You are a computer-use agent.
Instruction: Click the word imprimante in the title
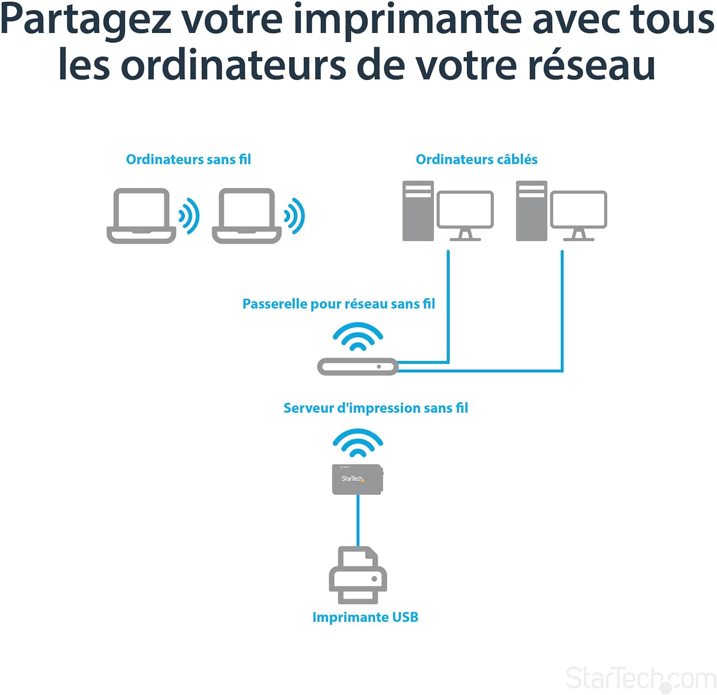pyautogui.click(x=407, y=20)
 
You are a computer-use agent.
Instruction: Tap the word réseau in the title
pyautogui.click(x=591, y=65)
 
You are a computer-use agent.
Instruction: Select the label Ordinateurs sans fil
pyautogui.click(x=188, y=159)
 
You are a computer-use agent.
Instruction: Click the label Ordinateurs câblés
pyautogui.click(x=477, y=159)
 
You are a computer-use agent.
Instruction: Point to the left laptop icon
pyautogui.click(x=141, y=216)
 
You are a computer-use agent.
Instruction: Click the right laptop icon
pyautogui.click(x=246, y=216)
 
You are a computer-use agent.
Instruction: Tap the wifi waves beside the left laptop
pyautogui.click(x=189, y=216)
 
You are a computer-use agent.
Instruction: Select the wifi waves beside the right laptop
pyautogui.click(x=294, y=216)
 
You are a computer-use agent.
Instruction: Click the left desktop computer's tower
pyautogui.click(x=418, y=211)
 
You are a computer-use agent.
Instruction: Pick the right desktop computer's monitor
pyautogui.click(x=578, y=210)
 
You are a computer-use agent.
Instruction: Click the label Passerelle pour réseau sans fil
pyautogui.click(x=338, y=304)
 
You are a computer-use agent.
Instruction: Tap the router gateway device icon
pyautogui.click(x=358, y=367)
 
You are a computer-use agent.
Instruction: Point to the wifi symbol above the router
pyautogui.click(x=358, y=337)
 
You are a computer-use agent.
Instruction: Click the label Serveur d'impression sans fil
pyautogui.click(x=376, y=408)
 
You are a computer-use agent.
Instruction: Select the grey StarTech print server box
pyautogui.click(x=357, y=479)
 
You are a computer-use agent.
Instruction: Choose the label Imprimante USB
pyautogui.click(x=365, y=617)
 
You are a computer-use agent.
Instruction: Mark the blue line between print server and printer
pyautogui.click(x=358, y=520)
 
